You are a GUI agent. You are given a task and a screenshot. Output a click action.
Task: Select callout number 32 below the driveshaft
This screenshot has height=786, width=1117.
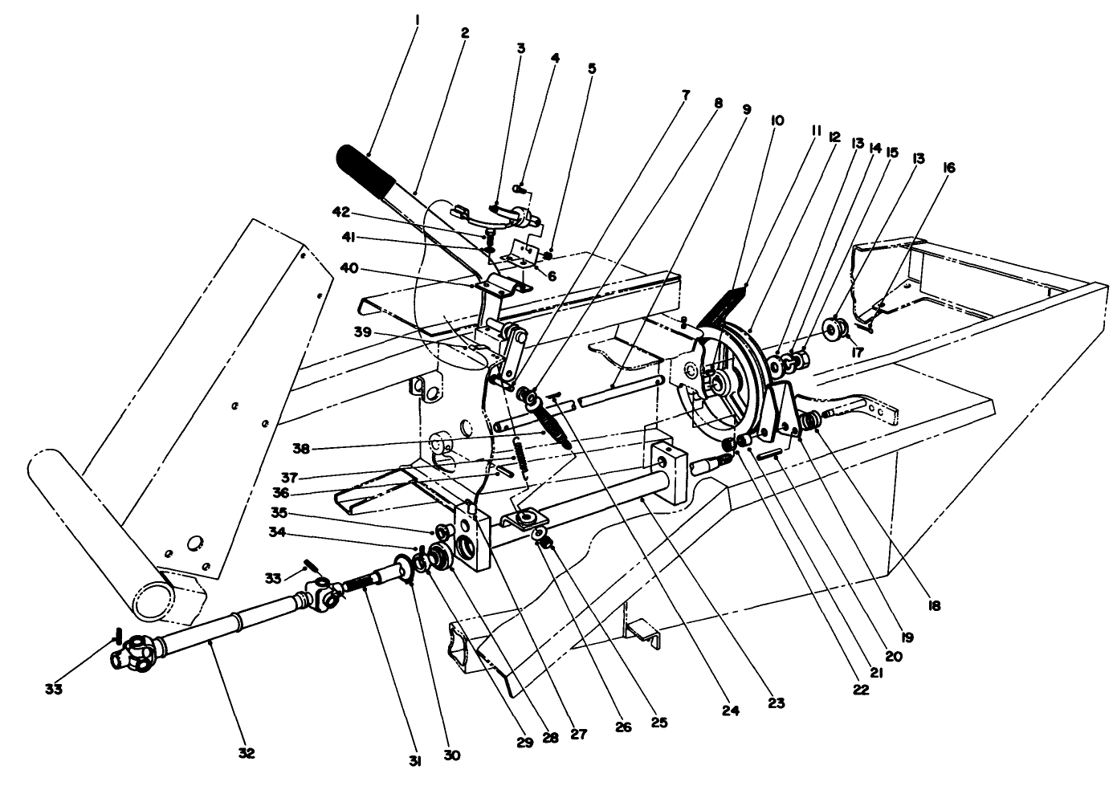pyautogui.click(x=246, y=753)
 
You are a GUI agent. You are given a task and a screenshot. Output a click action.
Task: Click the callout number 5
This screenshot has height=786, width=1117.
pyautogui.click(x=592, y=69)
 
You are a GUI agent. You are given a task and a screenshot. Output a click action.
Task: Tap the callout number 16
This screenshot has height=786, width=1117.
pyautogui.click(x=949, y=168)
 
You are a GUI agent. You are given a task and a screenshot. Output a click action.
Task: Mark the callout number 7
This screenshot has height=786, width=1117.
pyautogui.click(x=685, y=95)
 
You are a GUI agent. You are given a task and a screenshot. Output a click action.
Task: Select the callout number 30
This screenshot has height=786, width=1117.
pyautogui.click(x=452, y=755)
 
